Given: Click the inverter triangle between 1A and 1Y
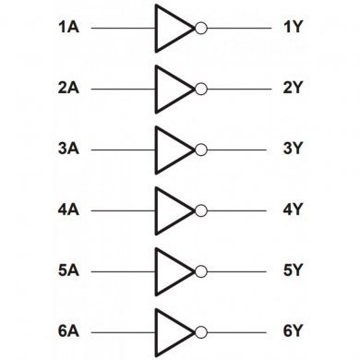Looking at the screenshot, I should (x=172, y=29).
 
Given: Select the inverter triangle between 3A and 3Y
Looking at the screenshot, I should (x=172, y=149).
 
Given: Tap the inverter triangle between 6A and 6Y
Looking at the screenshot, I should (x=172, y=330).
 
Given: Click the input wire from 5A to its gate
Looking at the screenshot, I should (x=125, y=270).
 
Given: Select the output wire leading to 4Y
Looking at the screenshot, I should (x=235, y=210).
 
